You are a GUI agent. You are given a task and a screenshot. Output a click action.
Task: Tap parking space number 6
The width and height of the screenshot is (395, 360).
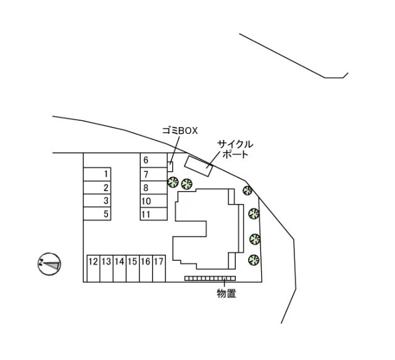click(x=153, y=160)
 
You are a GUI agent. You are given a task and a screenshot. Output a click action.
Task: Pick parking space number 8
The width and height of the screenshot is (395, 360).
click(x=153, y=187)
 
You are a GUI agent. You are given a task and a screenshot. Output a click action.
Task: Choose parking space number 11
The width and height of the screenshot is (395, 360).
click(x=153, y=215)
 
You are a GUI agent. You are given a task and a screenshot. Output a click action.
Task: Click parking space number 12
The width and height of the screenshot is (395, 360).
click(x=93, y=268)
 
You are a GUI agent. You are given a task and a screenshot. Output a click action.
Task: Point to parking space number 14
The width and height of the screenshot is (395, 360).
click(x=120, y=268)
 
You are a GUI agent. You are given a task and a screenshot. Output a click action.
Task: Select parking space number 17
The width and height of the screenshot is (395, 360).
click(x=159, y=268)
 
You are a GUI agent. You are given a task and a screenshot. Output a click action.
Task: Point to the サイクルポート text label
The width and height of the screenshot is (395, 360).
click(x=235, y=149)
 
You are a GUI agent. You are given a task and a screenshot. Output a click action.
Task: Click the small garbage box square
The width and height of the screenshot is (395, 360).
click(x=171, y=165)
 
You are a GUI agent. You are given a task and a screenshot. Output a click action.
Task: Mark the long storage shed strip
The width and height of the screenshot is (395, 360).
click(x=206, y=279)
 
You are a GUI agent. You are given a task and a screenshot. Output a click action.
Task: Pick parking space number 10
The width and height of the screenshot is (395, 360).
click(x=153, y=201)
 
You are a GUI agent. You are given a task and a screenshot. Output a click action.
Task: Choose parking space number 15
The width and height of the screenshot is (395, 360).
click(x=133, y=268)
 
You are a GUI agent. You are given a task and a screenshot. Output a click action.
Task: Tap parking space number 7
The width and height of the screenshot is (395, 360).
click(x=153, y=174)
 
